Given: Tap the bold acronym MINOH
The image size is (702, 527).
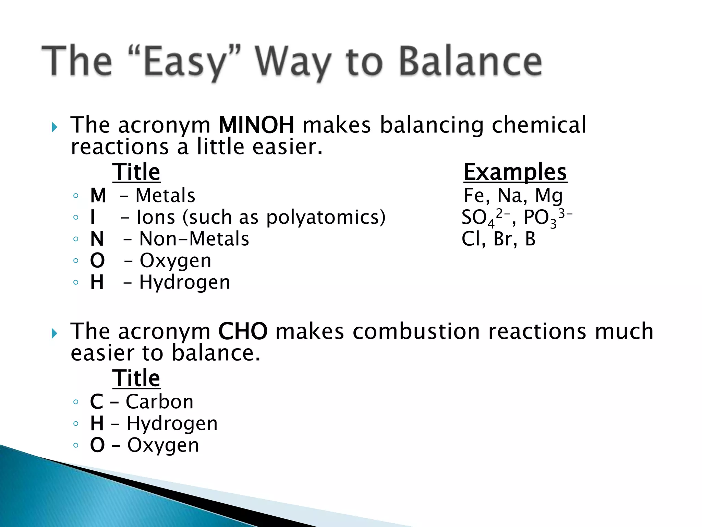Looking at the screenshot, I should coord(256,125).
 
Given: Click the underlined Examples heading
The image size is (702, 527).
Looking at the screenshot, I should coord(515,172).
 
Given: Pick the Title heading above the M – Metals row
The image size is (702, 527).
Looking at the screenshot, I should coord(136,172).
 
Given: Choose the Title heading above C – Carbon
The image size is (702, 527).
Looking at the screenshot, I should coord(136,378).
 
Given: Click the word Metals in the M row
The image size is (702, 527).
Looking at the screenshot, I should coord(165,196).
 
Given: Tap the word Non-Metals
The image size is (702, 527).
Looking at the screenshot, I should coord(194,239).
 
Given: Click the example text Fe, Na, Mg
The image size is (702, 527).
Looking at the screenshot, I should coord(513,196).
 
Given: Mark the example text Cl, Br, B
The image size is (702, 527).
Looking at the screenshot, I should coord(498,239).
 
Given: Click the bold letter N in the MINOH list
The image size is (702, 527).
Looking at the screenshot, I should coord(97,239).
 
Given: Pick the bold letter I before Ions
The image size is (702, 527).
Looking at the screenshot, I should coord(93,218).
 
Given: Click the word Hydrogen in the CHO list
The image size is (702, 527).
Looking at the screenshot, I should coord(172,423).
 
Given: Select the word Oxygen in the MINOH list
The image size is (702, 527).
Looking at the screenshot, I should coord(175,261).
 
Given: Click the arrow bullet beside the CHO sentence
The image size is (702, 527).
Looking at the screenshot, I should coord(54,333).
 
